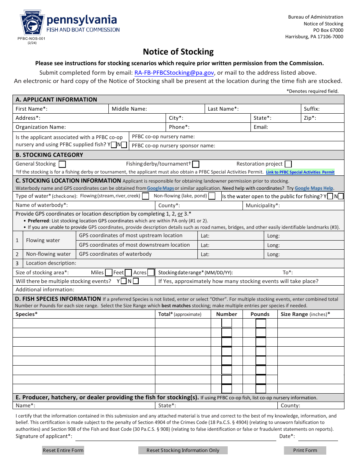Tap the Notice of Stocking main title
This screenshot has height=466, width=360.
[178, 52]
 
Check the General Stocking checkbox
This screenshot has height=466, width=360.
[62, 164]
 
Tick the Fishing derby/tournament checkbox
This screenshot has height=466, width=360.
[196, 164]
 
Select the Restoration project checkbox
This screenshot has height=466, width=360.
[288, 164]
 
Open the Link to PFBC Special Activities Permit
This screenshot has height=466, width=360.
[300, 172]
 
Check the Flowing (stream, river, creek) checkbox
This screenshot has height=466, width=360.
[145, 196]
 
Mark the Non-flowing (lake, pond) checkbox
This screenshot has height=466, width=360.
[212, 196]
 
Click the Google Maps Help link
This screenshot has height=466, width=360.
[314, 188]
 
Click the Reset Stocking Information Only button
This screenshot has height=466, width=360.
[183, 450]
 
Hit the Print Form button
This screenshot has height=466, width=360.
[305, 450]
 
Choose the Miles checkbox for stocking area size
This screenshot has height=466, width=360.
[108, 272]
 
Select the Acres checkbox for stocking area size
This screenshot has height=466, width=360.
[151, 272]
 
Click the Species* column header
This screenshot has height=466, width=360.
[27, 314]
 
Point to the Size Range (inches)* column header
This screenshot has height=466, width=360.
[305, 314]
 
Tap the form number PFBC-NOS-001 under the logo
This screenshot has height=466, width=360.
[28, 39]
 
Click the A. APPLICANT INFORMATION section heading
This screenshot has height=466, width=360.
[56, 100]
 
